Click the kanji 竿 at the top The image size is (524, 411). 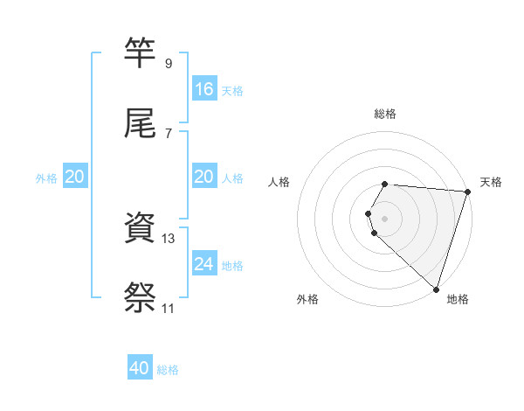click(141, 52)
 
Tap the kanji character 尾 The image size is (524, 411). click(141, 122)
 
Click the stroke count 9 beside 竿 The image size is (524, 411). click(168, 64)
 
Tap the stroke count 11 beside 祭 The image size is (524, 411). click(168, 309)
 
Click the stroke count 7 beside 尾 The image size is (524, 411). click(168, 133)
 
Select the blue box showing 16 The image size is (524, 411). click(204, 89)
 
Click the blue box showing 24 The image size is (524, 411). click(204, 263)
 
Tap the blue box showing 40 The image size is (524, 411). click(140, 368)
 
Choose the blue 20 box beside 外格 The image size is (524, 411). click(74, 177)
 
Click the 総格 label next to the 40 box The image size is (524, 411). click(168, 370)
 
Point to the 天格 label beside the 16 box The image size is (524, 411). click(232, 91)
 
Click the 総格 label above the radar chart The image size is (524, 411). click(385, 114)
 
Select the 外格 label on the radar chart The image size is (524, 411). click(307, 300)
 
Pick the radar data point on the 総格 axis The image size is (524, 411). click(385, 184)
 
